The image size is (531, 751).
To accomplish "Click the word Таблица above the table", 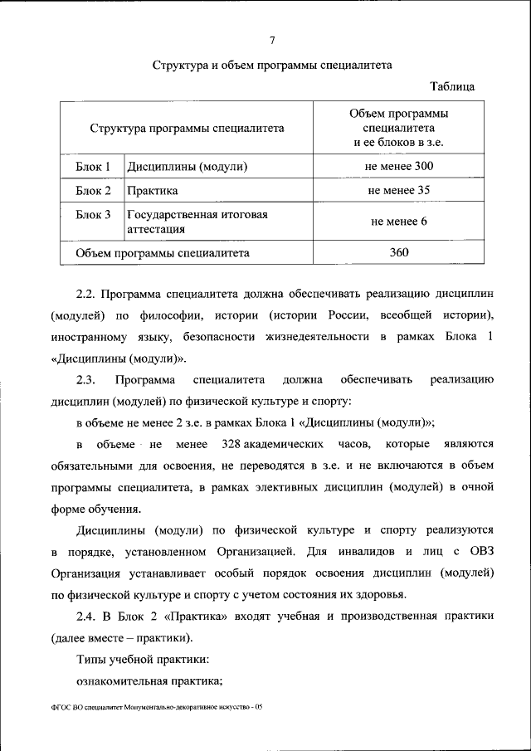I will pyautogui.click(x=452, y=86).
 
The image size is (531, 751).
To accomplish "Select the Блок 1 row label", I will pyautogui.click(x=93, y=167).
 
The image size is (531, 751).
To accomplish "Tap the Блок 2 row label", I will pyautogui.click(x=93, y=191).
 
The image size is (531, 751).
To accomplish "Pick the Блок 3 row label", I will pyautogui.click(x=93, y=215).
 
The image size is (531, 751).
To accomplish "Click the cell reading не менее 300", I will pyautogui.click(x=398, y=167).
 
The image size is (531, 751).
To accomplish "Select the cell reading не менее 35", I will pyautogui.click(x=398, y=191).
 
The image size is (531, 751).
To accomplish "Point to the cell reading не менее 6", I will pyautogui.click(x=398, y=222).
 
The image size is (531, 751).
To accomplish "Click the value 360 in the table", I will pyautogui.click(x=398, y=252).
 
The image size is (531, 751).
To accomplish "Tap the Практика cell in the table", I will pyautogui.click(x=153, y=191).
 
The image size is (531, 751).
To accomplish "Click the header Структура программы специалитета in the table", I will pyautogui.click(x=187, y=129).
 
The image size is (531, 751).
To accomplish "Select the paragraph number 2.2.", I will pyautogui.click(x=87, y=294).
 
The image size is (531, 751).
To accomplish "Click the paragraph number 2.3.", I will pyautogui.click(x=87, y=380).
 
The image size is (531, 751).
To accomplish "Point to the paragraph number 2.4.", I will pyautogui.click(x=87, y=616).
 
